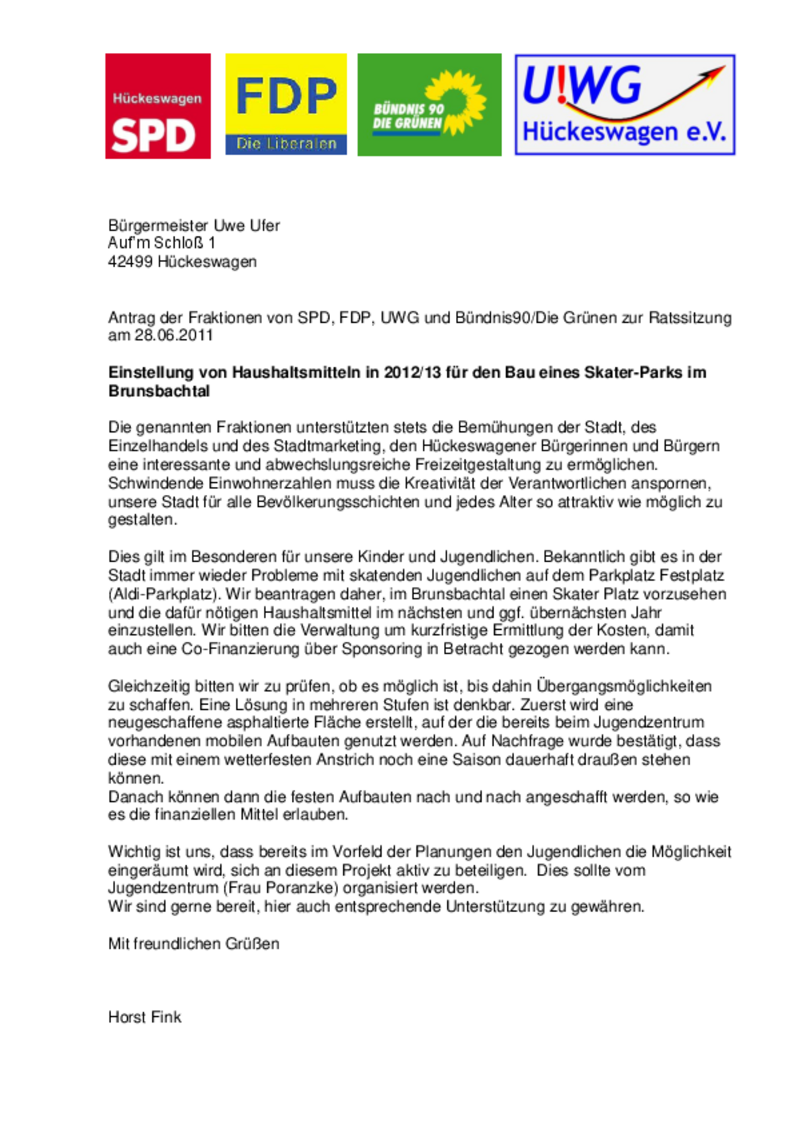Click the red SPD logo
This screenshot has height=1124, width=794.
point(157,106)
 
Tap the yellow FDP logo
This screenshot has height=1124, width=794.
point(286,104)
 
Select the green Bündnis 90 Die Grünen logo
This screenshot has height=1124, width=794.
point(429,105)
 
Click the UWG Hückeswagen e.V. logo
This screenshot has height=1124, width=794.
point(625,105)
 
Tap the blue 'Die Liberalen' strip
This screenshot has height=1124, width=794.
point(286,144)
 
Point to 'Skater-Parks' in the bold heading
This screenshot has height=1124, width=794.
point(633,372)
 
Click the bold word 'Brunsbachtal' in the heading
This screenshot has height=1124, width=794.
point(159,391)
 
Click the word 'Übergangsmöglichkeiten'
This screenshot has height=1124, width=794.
point(624,686)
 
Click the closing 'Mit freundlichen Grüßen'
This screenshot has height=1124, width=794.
point(193,943)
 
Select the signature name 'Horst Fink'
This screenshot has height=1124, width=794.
point(144,1017)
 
